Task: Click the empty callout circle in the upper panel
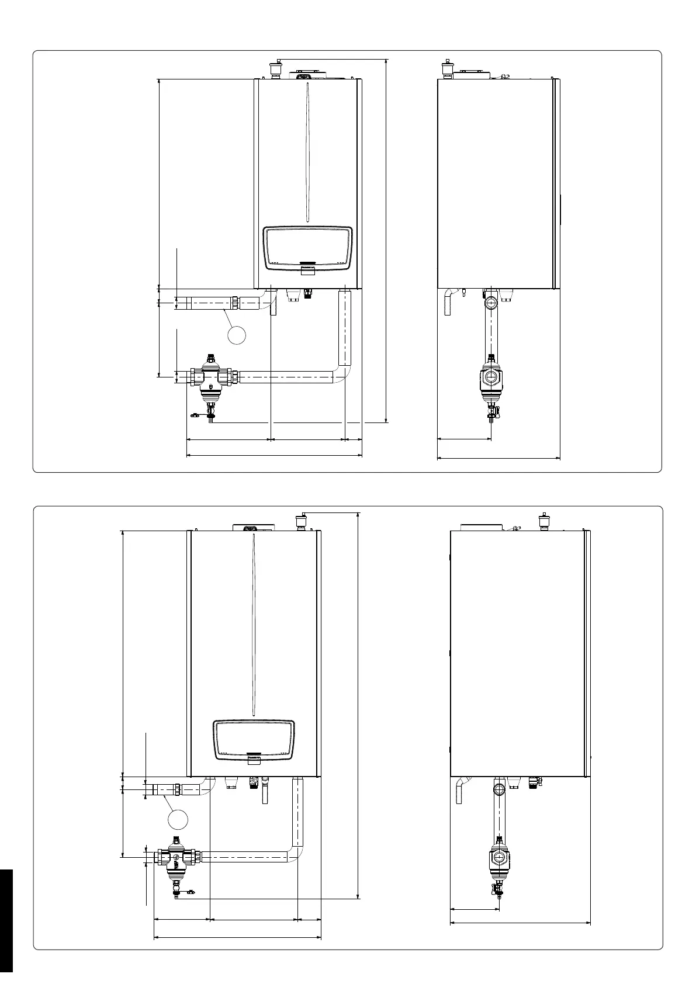pyautogui.click(x=236, y=334)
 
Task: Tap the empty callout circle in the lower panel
pyautogui.click(x=178, y=819)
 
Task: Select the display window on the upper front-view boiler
pyautogui.click(x=308, y=248)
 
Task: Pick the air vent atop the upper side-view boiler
pyautogui.click(x=448, y=68)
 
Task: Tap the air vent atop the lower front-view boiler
pyautogui.click(x=302, y=519)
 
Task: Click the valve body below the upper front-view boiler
pyautogui.click(x=210, y=377)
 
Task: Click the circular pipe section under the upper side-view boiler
pyautogui.click(x=491, y=303)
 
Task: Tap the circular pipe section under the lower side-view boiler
pyautogui.click(x=500, y=790)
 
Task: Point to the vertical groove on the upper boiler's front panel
pyautogui.click(x=307, y=152)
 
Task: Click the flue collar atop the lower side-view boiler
pyautogui.click(x=481, y=526)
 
